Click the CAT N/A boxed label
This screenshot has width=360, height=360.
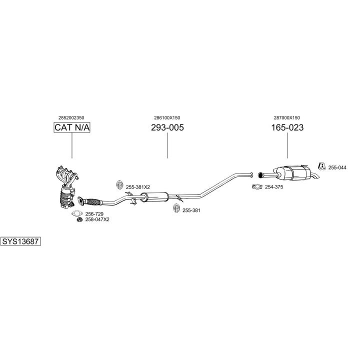[x=72, y=127]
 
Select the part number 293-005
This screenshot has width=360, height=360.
[x=167, y=127]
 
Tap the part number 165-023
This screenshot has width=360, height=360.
[x=287, y=127]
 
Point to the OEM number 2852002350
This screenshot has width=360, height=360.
[x=71, y=118]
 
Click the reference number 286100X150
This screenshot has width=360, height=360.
[x=167, y=118]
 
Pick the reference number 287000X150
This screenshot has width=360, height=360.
[x=287, y=118]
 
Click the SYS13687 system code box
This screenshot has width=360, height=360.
[x=20, y=241]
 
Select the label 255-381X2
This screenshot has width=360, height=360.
[x=138, y=187]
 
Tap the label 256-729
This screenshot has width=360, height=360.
[x=94, y=214]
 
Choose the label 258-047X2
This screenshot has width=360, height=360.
[x=97, y=219]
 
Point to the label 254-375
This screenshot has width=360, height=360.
[x=274, y=187]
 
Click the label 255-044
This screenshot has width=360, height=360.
[x=337, y=167]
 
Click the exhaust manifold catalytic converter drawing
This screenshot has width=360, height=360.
[x=66, y=186]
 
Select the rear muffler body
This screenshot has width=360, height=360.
[x=292, y=173]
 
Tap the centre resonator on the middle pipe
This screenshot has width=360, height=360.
[x=154, y=197]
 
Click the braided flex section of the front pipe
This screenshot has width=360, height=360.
[x=93, y=202]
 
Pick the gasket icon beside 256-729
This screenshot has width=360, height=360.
[x=77, y=213]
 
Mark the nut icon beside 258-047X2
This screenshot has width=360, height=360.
[x=79, y=219]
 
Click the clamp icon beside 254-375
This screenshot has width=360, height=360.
[x=257, y=186]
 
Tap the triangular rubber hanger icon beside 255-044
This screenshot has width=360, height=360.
[x=322, y=166]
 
